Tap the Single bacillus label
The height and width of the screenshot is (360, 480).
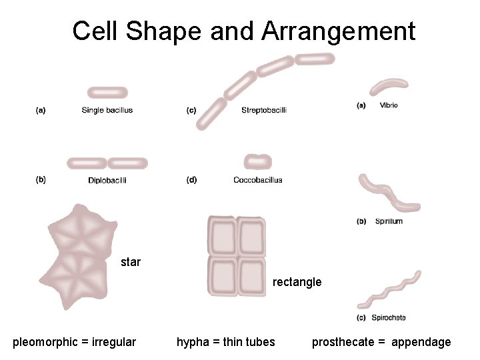107,110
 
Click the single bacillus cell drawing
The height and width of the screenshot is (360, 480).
107,93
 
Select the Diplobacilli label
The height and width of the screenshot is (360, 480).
107,180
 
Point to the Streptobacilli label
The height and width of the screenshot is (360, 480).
264,110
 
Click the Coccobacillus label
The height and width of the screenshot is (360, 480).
258,180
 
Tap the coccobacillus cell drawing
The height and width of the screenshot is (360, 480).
257,161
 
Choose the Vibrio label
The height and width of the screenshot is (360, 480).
389,105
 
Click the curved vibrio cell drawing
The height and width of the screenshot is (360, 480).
389,87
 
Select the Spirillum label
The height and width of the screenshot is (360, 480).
389,221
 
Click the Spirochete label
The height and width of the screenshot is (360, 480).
390,317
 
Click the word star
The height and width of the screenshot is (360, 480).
131,262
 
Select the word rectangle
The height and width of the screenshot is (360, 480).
297,282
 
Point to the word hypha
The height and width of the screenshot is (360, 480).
191,342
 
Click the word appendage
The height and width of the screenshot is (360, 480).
421,342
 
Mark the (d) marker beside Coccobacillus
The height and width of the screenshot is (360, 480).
191,180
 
